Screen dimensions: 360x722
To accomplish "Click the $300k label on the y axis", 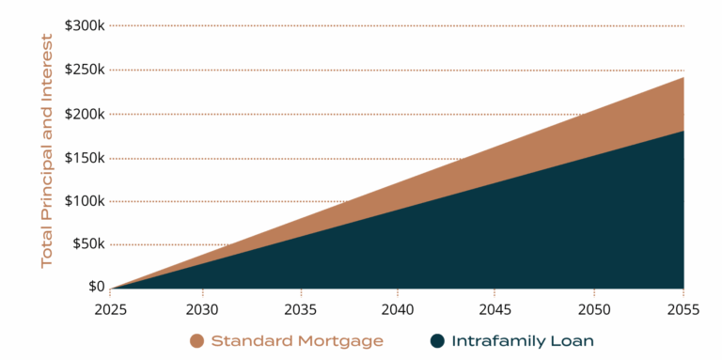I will point(84,24).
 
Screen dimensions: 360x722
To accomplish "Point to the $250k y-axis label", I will point(84,69).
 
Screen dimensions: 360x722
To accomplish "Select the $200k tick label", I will point(84,113).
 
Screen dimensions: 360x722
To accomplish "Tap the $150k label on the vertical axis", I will point(84,157).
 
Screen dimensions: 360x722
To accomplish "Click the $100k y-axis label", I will point(84,200).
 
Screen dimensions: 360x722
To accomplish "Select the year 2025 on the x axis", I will point(109,309).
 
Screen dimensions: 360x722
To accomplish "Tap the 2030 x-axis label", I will point(203,309).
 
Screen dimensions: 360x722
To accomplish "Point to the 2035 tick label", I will point(300,309).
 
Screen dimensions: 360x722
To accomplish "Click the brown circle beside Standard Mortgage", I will point(197,340).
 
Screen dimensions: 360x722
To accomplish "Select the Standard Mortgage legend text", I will point(297,340).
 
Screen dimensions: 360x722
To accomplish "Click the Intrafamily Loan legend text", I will point(524,340).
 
